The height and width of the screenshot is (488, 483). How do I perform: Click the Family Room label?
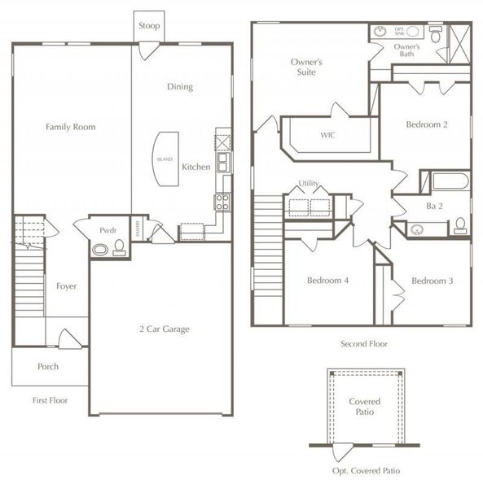click(x=70, y=127)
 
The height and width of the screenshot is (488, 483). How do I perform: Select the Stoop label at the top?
click(x=149, y=26)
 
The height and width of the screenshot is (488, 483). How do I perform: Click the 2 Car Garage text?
click(x=163, y=329)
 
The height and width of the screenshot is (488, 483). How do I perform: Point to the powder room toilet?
click(x=119, y=245)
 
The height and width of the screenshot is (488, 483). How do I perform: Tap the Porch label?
click(x=48, y=367)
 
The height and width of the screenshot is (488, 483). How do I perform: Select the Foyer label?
click(x=66, y=286)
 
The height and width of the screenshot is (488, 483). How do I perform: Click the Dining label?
click(x=180, y=87)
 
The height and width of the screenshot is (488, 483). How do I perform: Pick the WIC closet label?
click(x=328, y=135)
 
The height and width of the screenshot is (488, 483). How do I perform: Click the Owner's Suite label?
click(x=307, y=67)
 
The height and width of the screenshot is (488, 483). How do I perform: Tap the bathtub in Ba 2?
click(x=450, y=180)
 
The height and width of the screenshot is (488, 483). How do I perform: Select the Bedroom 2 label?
click(x=428, y=124)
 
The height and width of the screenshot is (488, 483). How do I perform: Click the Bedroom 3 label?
click(x=433, y=281)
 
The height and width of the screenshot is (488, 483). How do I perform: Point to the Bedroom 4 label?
click(x=328, y=281)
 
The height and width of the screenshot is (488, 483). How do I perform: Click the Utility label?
click(x=309, y=184)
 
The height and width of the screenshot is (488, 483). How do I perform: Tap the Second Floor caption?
click(x=363, y=344)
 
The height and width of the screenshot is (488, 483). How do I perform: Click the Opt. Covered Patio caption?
click(x=365, y=471)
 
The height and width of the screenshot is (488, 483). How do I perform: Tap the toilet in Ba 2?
click(x=460, y=224)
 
